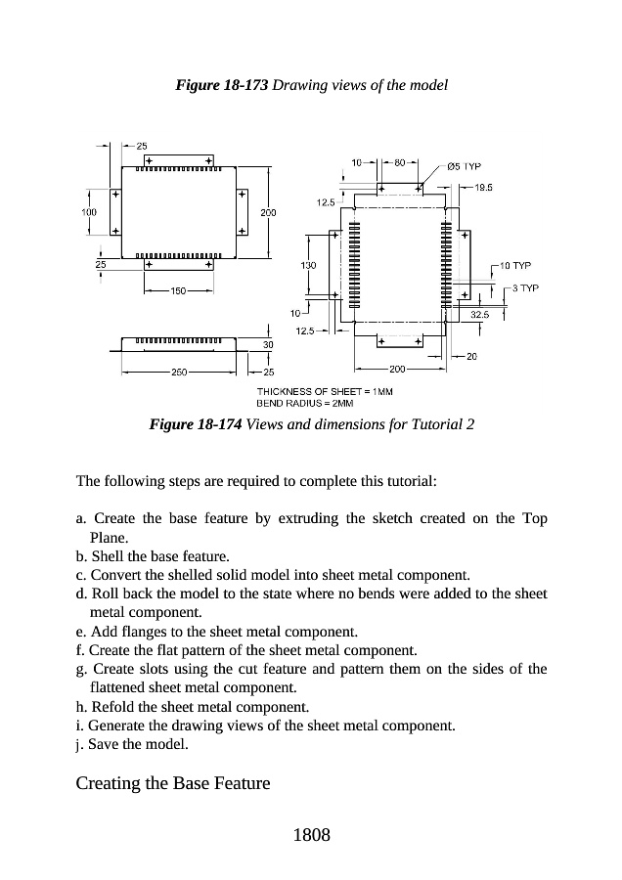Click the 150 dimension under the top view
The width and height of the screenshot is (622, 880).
tap(178, 290)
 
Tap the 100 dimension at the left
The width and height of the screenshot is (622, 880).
tap(89, 211)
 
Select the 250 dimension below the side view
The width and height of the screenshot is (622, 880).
tap(179, 372)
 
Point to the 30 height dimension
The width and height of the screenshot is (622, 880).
tap(268, 343)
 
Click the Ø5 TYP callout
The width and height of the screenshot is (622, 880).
tap(463, 166)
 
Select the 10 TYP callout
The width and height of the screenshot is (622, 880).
tap(514, 265)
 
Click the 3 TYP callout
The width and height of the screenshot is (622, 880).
tap(526, 288)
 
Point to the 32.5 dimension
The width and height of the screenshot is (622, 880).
tap(479, 315)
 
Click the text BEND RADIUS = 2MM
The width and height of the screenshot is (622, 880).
tap(304, 402)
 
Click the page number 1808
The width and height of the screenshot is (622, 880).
tap(311, 835)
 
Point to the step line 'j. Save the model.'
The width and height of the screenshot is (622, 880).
tap(134, 744)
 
